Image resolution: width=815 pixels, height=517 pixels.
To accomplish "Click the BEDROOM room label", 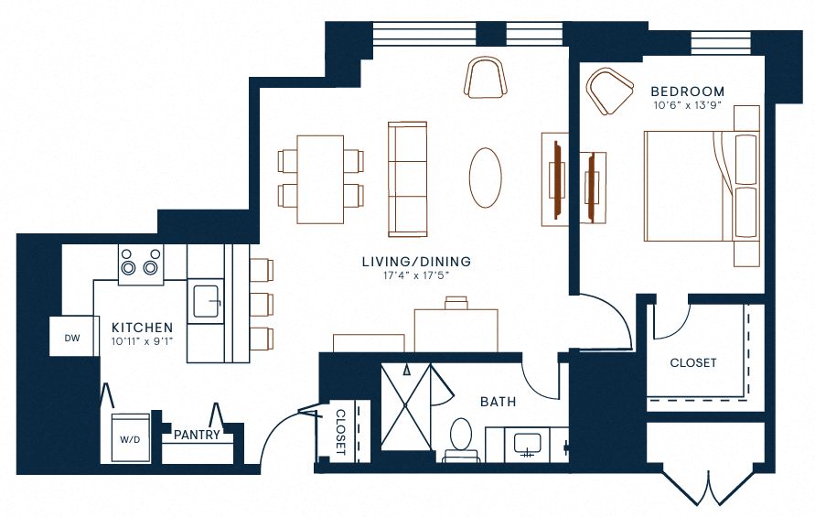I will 687,92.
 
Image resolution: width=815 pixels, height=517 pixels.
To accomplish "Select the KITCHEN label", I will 142,327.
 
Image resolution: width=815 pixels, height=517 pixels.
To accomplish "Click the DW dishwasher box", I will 72,338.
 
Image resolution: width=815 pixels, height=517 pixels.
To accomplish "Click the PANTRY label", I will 197,435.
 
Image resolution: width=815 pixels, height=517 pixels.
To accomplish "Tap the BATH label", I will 498,401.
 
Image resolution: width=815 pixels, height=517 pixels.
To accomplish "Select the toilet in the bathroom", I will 461,438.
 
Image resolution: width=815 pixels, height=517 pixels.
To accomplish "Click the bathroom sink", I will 526,444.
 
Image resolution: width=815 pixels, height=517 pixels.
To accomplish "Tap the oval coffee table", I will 486,177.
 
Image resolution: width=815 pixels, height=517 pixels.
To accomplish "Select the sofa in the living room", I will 408,177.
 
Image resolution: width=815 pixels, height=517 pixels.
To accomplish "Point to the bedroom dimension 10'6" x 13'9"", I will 687,106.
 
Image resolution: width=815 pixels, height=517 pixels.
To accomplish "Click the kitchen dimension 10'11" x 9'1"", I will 142,340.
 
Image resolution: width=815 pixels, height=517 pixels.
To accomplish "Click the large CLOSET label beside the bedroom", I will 693,362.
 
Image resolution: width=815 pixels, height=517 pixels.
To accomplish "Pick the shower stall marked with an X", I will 404,406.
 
